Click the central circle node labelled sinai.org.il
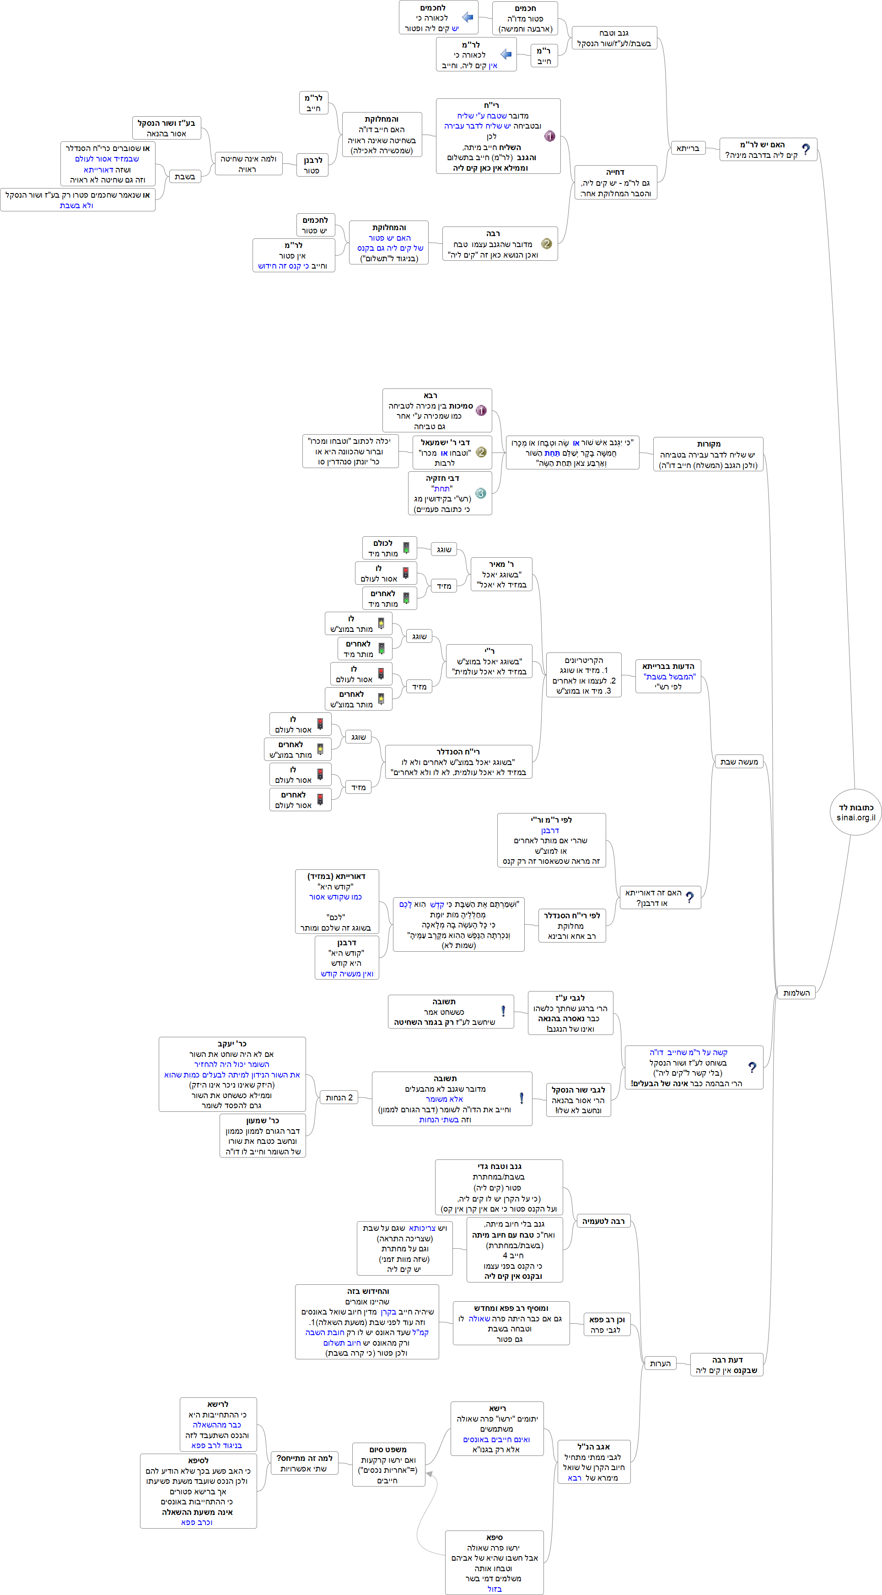coord(855,812)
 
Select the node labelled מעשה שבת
coord(739,762)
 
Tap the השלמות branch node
coord(796,992)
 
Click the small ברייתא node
coord(688,148)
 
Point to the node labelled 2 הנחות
coord(339,1097)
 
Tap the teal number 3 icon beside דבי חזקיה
coord(480,494)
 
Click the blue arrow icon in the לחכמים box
coord(468,17)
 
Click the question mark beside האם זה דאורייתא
coord(689,897)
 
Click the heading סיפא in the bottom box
coord(495,1537)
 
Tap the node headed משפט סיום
coord(388,1464)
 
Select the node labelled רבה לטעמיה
coord(603,1222)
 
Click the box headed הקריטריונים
coord(584,675)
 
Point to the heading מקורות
coord(709,444)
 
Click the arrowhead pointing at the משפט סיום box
coord(430,1474)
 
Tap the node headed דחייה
coord(615,182)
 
